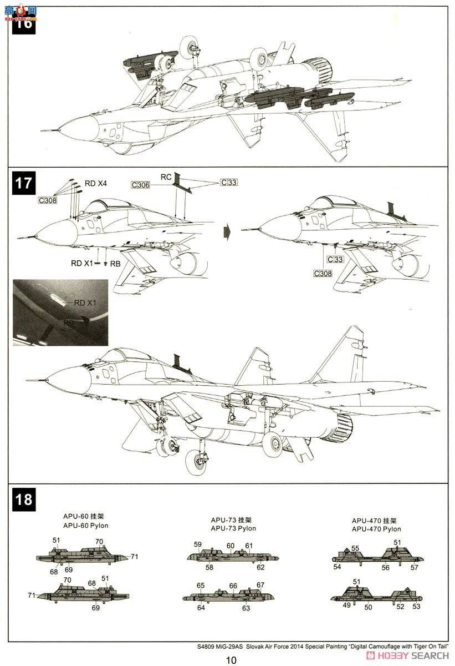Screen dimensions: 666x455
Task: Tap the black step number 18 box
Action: pos(23,498)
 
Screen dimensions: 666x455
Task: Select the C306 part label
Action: pos(140,185)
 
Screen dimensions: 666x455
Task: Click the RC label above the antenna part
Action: pos(166,177)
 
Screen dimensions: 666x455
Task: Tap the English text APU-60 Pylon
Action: pos(86,525)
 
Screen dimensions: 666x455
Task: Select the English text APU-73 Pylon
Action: pos(233,528)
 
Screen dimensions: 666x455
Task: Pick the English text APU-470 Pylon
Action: pos(376,529)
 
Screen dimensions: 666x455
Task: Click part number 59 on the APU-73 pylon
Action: pos(198,544)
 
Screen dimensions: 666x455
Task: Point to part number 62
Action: pos(260,567)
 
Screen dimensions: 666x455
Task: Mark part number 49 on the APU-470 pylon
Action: pos(346,606)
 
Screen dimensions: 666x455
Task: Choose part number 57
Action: pos(414,567)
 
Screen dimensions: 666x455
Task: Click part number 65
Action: pos(201,586)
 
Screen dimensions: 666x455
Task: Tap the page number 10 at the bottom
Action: pos(231,660)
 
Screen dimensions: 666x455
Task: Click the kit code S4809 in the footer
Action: pos(207,647)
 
